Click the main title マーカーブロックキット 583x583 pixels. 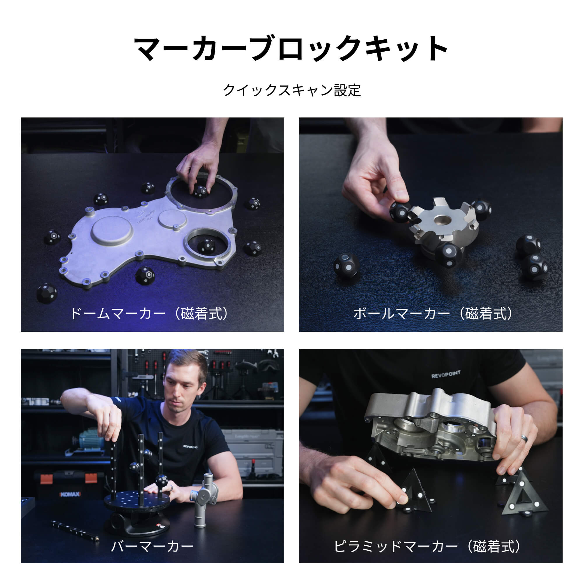click(x=291, y=48)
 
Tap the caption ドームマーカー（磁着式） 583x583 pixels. click(x=149, y=314)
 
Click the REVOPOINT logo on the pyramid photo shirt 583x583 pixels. click(x=446, y=375)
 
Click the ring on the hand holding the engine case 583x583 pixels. click(x=524, y=438)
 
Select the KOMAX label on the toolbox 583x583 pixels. click(x=70, y=494)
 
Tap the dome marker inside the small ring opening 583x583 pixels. click(x=206, y=246)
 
